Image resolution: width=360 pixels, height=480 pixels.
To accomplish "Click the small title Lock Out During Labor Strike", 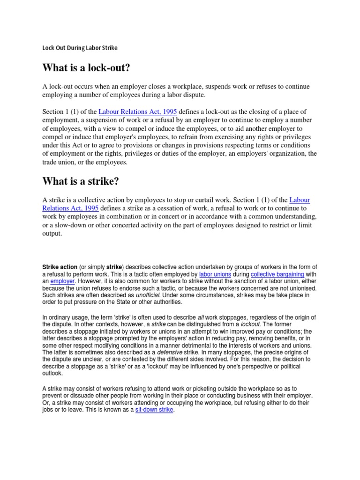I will click(80, 48).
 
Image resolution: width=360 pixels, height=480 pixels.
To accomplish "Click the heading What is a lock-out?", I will click(86, 68).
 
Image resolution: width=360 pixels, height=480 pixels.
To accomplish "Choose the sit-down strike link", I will click(154, 409).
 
